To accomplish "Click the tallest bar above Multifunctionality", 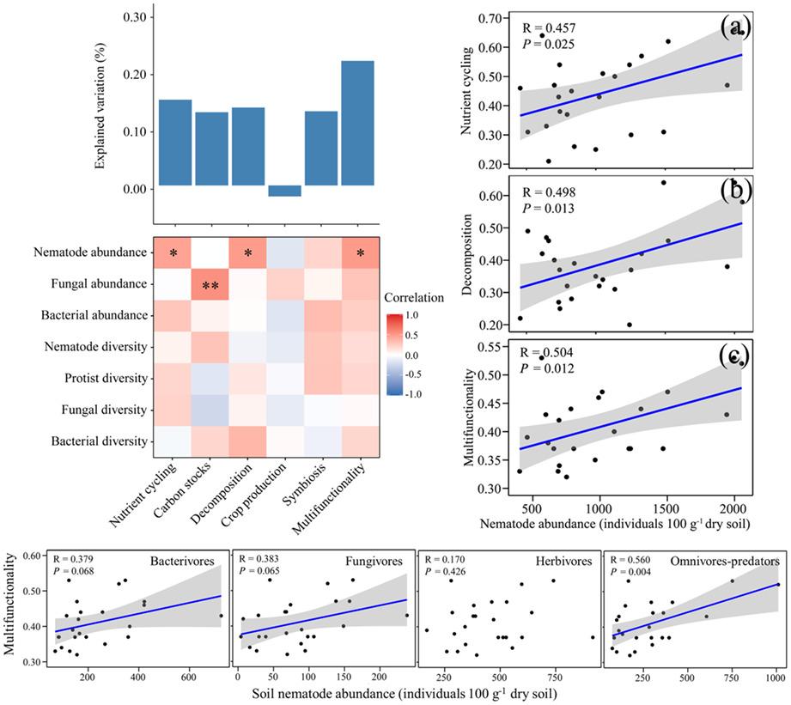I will (357, 123).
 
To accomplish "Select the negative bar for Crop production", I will (284, 191).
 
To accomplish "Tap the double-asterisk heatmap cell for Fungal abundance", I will (210, 284).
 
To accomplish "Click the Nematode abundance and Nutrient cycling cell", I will (173, 252).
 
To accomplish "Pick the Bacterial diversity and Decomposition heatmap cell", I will (247, 441).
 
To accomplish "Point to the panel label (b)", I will (735, 189).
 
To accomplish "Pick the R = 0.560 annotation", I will (634, 561).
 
